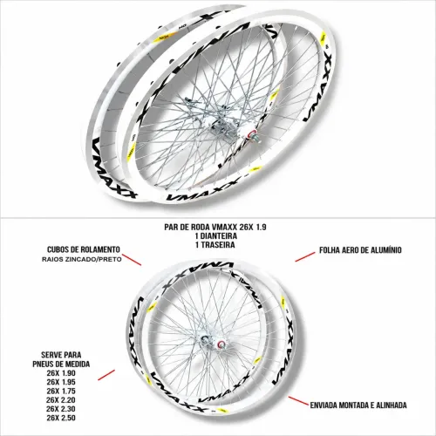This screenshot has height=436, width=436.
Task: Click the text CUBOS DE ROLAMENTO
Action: click(84, 249)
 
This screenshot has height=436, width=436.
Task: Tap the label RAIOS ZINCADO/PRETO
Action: click(82, 259)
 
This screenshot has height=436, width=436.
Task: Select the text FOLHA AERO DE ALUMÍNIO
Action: click(360, 250)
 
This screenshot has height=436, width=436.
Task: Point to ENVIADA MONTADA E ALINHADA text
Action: click(358, 405)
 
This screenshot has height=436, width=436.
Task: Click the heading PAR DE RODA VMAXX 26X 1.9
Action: click(215, 227)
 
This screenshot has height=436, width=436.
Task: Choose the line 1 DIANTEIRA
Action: click(216, 235)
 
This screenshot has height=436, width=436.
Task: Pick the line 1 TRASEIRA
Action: click(215, 245)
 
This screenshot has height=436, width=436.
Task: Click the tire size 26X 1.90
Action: click(61, 373)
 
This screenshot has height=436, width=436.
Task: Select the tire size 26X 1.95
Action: click(61, 382)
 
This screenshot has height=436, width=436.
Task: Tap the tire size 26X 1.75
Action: click(61, 391)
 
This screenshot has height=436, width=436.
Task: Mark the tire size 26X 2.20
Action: click(61, 400)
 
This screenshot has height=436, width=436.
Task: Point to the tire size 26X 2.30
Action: click(61, 409)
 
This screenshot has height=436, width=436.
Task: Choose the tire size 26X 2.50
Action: click(61, 418)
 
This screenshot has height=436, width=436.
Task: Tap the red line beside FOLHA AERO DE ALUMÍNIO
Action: click(305, 256)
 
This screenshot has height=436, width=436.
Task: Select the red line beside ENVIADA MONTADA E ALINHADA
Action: click(298, 401)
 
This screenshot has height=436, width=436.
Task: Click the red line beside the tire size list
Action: click(106, 375)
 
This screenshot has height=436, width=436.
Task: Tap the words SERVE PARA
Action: click(61, 355)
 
